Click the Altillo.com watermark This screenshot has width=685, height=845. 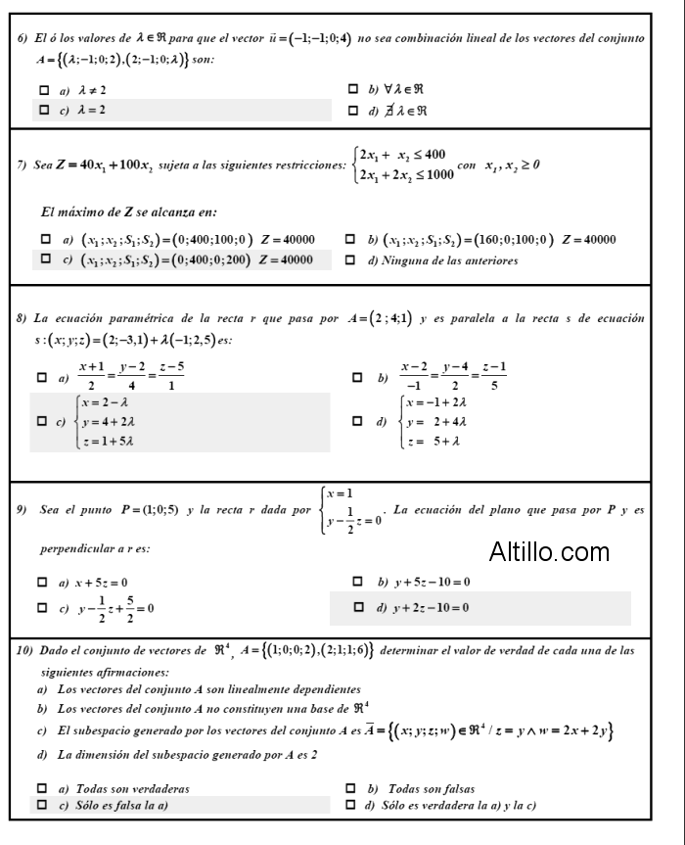548,552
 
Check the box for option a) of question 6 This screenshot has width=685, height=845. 43,90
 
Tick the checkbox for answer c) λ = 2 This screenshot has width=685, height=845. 43,110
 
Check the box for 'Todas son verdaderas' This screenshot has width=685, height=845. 43,788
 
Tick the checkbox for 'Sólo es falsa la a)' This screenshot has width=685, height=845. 43,805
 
